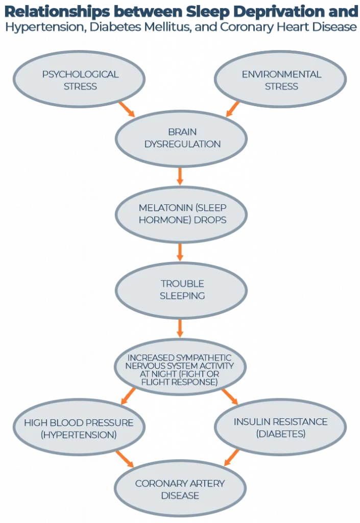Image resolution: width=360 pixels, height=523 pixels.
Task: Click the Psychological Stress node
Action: click(x=80, y=80)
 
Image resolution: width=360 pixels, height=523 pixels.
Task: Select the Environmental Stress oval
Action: click(x=281, y=80)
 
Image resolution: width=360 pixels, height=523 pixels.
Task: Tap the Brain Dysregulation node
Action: click(x=182, y=138)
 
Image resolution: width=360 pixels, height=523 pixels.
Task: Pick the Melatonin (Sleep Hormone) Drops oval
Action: click(x=182, y=214)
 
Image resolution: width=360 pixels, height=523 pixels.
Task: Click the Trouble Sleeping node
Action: click(x=182, y=290)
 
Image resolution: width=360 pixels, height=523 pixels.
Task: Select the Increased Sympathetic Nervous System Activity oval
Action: click(x=180, y=369)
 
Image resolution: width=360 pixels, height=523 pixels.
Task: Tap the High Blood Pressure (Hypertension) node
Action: click(x=79, y=429)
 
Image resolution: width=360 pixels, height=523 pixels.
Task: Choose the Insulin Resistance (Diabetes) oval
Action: click(x=280, y=428)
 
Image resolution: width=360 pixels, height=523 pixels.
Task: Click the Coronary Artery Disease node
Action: click(x=180, y=489)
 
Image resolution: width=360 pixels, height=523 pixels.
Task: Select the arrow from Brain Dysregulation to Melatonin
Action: click(x=180, y=176)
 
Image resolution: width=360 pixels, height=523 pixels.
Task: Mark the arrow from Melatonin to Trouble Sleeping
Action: click(x=180, y=252)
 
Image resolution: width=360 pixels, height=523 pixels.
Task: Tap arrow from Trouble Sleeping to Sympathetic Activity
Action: click(x=180, y=328)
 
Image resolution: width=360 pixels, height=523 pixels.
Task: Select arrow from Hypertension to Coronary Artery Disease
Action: click(x=125, y=459)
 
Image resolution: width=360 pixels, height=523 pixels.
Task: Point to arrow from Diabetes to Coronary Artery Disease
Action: click(x=232, y=458)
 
